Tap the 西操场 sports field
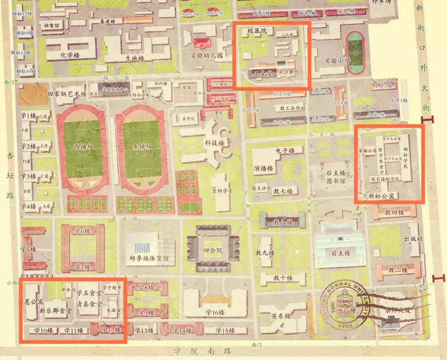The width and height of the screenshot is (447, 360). (x=83, y=147)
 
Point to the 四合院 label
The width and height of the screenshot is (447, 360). (x=213, y=250)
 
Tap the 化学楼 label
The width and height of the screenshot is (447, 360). (x=70, y=55)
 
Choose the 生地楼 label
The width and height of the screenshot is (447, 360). (x=134, y=58)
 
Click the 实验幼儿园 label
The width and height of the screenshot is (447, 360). (x=207, y=55)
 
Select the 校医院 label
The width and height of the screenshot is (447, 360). (x=257, y=31)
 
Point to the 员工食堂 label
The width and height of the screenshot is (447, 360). (x=260, y=73)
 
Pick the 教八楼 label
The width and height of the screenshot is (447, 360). (x=283, y=222)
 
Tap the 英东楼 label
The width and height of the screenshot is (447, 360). (x=281, y=316)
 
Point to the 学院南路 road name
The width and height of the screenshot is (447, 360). (x=202, y=351)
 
